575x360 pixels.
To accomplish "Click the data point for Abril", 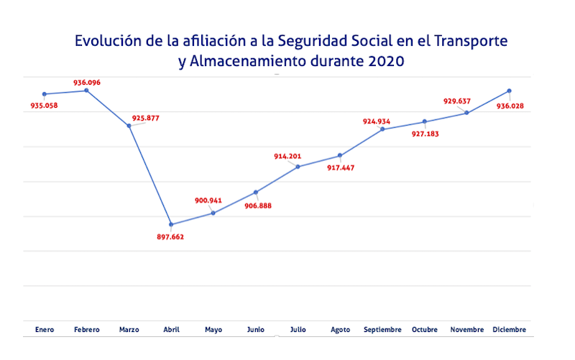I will [171, 224].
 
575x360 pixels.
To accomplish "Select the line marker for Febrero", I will [87, 91].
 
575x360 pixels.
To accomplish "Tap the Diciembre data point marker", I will [509, 91].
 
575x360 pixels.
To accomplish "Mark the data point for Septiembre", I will [382, 129].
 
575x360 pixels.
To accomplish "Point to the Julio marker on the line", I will [298, 167].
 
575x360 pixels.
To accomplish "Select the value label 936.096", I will [87, 83].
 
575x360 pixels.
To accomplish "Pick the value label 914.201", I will [287, 156].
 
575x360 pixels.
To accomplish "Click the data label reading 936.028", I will [510, 106].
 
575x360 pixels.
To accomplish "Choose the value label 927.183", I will [425, 134].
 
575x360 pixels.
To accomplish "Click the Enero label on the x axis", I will [45, 329].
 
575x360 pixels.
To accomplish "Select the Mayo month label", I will [213, 329].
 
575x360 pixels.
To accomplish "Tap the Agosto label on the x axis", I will [340, 329].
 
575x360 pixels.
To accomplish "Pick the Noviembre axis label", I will [466, 329].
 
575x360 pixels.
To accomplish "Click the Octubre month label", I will [424, 329].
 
